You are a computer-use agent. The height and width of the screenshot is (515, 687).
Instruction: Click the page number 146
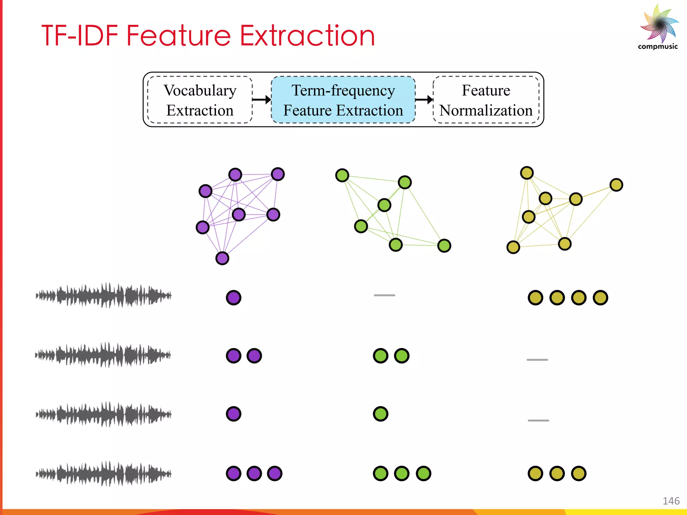(x=671, y=501)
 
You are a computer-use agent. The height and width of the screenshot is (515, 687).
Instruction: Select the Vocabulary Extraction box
(x=200, y=100)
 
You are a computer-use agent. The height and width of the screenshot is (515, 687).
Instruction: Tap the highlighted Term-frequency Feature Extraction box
(x=343, y=100)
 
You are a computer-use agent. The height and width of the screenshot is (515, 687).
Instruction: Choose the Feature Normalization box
(x=486, y=100)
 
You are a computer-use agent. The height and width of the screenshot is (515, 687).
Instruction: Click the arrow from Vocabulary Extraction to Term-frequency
(x=262, y=100)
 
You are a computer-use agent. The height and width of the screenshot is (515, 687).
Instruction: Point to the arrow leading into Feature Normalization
(x=424, y=100)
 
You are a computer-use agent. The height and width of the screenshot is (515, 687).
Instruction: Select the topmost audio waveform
(x=104, y=295)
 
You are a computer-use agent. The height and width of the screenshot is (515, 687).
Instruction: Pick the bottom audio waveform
(x=104, y=473)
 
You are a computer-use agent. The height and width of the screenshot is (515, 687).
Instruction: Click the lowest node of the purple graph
(x=222, y=258)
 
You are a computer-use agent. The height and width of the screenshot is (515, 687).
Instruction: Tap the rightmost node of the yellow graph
(x=616, y=185)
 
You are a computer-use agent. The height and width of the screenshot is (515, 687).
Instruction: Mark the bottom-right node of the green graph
(x=444, y=246)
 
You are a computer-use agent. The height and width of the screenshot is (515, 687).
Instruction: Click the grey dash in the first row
(x=384, y=295)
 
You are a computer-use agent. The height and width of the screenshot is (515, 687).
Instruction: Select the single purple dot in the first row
(x=233, y=297)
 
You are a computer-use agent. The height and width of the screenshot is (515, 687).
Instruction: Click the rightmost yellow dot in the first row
(x=600, y=297)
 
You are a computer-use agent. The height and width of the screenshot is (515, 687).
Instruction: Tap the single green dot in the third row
(x=380, y=414)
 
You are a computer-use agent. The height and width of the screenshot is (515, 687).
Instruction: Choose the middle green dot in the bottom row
(x=402, y=473)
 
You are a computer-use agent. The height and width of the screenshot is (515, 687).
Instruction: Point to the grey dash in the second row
(x=537, y=359)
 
